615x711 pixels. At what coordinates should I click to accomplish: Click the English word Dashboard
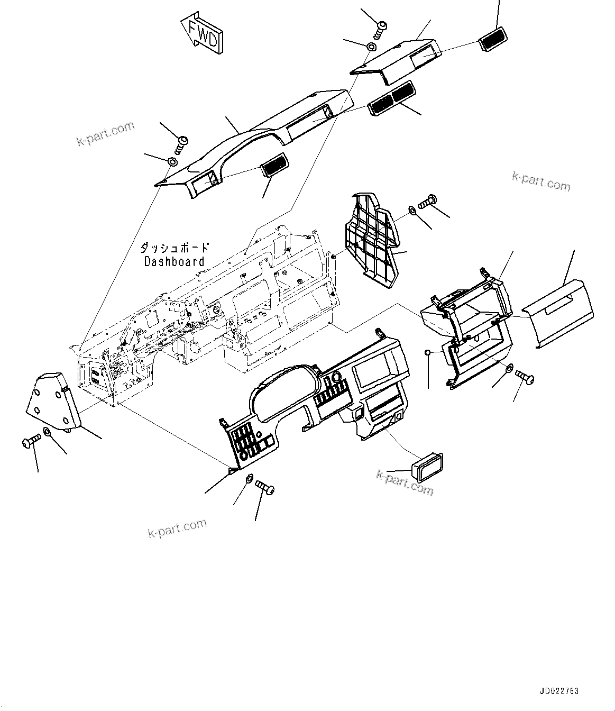point(174,261)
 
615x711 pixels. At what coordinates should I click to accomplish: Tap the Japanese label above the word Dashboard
point(174,248)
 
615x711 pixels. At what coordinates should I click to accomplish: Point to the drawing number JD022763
point(559,691)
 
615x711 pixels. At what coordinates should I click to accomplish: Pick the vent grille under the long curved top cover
point(274,166)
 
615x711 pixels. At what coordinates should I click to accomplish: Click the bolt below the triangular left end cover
point(31,441)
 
